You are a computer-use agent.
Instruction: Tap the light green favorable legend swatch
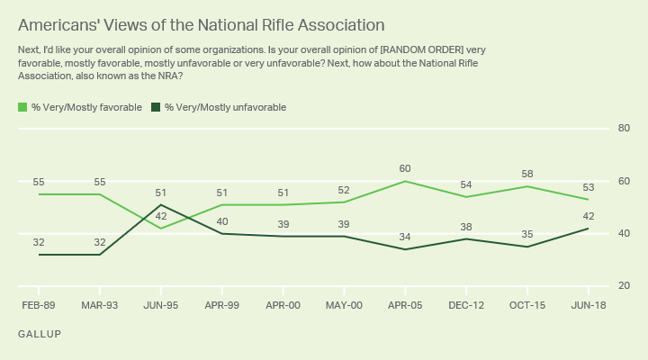pyautogui.click(x=22, y=107)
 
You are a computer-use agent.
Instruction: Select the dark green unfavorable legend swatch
pyautogui.click(x=155, y=107)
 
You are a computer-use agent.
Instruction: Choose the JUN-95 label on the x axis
pyautogui.click(x=160, y=306)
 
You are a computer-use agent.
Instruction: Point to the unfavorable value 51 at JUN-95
pyautogui.click(x=160, y=192)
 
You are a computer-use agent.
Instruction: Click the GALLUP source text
pyautogui.click(x=39, y=334)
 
